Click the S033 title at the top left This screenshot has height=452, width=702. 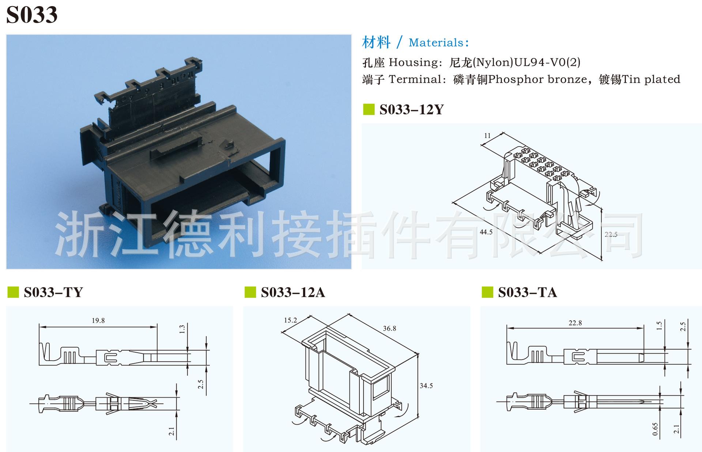pyautogui.click(x=32, y=15)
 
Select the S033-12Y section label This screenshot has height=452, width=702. pyautogui.click(x=411, y=110)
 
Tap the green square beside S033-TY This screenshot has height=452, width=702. pyautogui.click(x=13, y=292)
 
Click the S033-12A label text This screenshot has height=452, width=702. pyautogui.click(x=293, y=292)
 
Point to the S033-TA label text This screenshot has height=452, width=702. pyautogui.click(x=527, y=292)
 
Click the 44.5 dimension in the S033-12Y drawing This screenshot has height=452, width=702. pyautogui.click(x=486, y=232)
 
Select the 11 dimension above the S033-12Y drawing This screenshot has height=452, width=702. pyautogui.click(x=487, y=136)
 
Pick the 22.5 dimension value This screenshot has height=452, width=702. pyautogui.click(x=611, y=235)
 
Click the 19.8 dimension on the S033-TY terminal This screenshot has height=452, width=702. pyautogui.click(x=98, y=320)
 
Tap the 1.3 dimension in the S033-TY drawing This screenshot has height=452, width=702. pyautogui.click(x=182, y=329)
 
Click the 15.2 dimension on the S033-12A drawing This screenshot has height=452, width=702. pyautogui.click(x=290, y=320)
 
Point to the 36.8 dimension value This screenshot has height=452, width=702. pyautogui.click(x=389, y=328)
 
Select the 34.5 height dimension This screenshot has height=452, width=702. pyautogui.click(x=426, y=386)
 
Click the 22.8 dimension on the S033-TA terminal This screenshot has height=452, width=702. pyautogui.click(x=575, y=323)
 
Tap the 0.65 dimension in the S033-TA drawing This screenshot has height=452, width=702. pyautogui.click(x=655, y=429)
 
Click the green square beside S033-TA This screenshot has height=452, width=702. pyautogui.click(x=487, y=292)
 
